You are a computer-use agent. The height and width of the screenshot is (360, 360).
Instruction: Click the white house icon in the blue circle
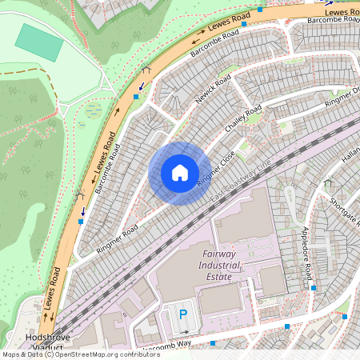coord(179,172)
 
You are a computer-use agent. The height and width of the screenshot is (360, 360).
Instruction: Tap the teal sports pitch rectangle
coord(39,42)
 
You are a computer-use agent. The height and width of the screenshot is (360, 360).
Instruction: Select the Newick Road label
coord(213,90)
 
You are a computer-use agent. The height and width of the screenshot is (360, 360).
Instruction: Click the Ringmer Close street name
coord(216,170)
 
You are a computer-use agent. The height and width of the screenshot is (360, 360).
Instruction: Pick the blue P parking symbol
coord(183,315)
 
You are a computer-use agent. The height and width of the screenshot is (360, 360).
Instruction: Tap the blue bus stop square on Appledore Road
coord(314,288)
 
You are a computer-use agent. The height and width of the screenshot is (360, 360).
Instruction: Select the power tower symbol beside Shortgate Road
coord(327,183)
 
